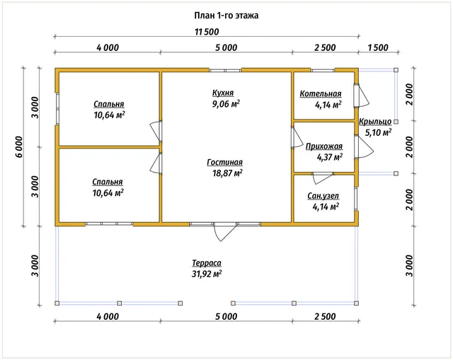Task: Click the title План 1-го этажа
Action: click(226, 16)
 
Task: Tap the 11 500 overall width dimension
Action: click(207, 32)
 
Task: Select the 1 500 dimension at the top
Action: click(378, 47)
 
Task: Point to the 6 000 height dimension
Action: click(19, 146)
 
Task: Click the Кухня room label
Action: click(223, 93)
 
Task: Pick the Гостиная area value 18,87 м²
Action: click(227, 173)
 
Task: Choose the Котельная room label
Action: click(321, 94)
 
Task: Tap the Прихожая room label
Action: click(324, 146)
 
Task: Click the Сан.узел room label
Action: click(323, 196)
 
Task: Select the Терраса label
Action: click(207, 263)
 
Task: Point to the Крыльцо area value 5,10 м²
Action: click(378, 133)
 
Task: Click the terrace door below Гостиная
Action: click(225, 232)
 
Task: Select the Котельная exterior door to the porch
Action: click(362, 96)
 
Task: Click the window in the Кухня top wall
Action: click(225, 70)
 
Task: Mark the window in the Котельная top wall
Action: click(323, 70)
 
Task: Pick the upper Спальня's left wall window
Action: click(57, 108)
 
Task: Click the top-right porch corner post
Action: click(396, 70)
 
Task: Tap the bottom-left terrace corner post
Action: click(57, 303)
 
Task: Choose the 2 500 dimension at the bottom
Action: click(325, 317)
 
